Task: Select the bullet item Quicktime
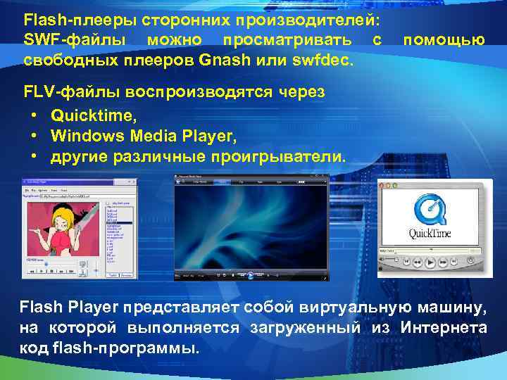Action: click(83, 115)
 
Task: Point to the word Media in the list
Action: click(137, 135)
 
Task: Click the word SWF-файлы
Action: click(65, 39)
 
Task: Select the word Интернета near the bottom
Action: click(443, 327)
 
